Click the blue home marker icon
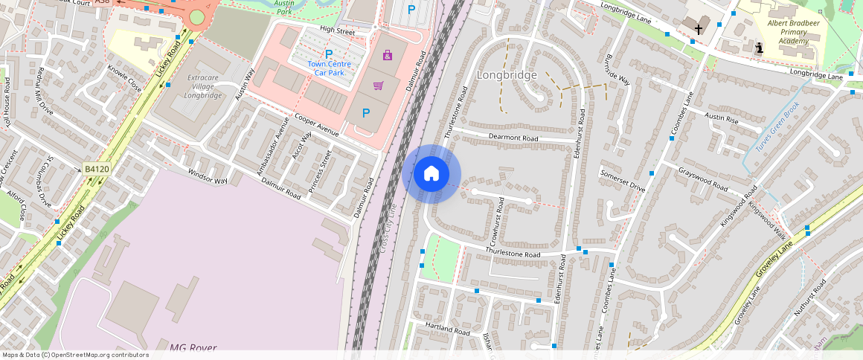[x=431, y=174]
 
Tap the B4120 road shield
[x=97, y=170]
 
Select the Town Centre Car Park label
[x=329, y=68]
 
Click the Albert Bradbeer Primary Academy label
[x=788, y=32]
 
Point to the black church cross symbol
[x=698, y=30]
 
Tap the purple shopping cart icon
[x=378, y=86]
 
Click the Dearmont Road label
[x=513, y=138]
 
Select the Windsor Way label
[x=208, y=176]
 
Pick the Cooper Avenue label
[x=316, y=124]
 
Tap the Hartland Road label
[x=447, y=328]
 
